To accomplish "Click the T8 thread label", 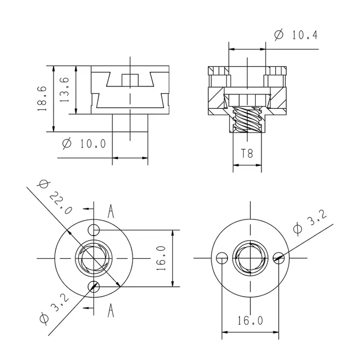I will click(247, 153).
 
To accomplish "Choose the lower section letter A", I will click(111, 311).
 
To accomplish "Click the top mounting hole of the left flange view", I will click(94, 230).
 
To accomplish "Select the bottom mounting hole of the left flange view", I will click(94, 286).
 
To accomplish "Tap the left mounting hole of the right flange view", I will click(222, 257).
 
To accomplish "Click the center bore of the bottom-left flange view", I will click(94, 258).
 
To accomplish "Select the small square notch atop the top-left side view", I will click(131, 79).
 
